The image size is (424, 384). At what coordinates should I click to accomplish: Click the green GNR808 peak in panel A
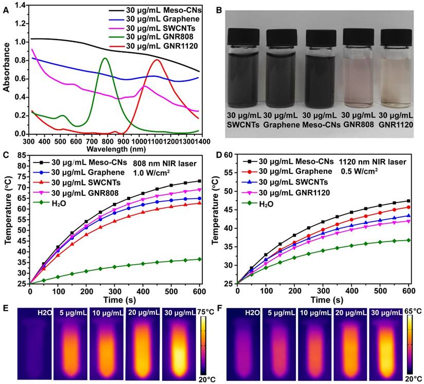[105, 58]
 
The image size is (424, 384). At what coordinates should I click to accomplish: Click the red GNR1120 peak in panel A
[156, 60]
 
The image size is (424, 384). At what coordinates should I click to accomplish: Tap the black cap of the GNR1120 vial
[396, 35]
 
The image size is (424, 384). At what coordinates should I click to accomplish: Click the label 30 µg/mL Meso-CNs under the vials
[321, 119]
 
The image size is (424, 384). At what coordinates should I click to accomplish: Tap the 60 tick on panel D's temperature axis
[229, 155]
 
